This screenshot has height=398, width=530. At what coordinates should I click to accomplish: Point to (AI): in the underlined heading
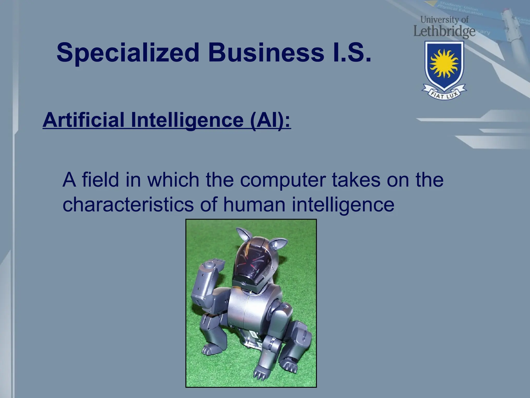point(270,120)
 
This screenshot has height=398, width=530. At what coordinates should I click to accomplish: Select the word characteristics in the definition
point(128,204)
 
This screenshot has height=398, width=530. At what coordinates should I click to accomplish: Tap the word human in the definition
point(254,204)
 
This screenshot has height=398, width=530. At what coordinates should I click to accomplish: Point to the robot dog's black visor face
point(250,262)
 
